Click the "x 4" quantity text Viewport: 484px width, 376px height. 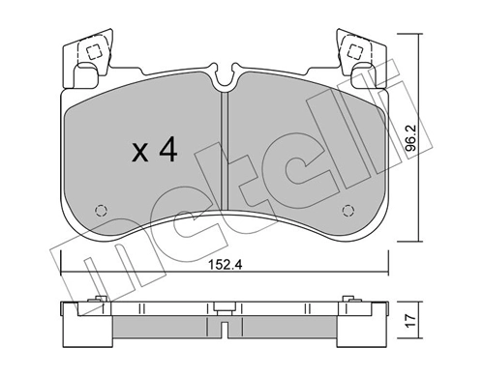[153, 150]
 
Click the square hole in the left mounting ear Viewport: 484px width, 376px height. [94, 54]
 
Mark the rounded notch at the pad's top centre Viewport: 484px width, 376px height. [224, 74]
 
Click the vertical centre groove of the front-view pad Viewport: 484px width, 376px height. [224, 155]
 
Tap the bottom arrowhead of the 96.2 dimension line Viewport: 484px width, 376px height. [417, 239]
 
